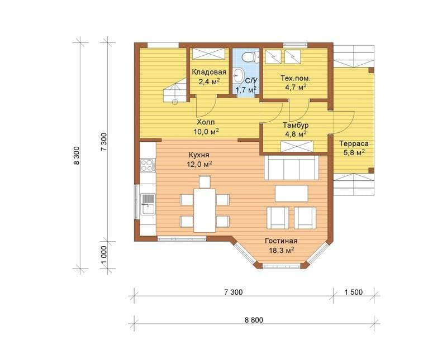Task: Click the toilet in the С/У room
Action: point(250,56)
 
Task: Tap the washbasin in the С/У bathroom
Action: point(237,75)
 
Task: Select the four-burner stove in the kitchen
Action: point(148,165)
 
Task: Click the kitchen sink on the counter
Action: point(148,204)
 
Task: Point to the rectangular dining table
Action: point(205,210)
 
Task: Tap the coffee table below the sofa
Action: point(292,193)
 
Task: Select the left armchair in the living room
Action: point(278,218)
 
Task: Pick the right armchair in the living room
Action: point(305,218)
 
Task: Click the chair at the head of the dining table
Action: point(205,181)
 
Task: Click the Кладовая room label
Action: point(209,72)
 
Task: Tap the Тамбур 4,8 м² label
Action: point(296,129)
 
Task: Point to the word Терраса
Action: point(354,143)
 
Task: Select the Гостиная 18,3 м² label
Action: point(282,246)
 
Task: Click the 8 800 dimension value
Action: point(254,320)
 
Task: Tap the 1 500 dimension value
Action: point(354,292)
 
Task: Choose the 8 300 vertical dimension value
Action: point(77,156)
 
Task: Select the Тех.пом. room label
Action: point(296,78)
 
